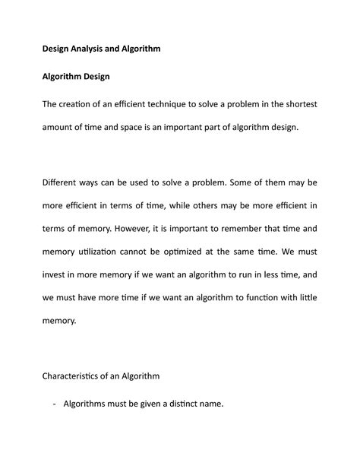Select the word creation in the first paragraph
click(99, 104)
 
